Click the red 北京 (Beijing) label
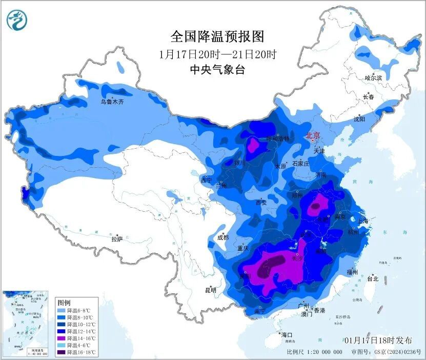[x=312, y=135]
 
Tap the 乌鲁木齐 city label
[x=112, y=102]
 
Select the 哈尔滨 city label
[x=373, y=78]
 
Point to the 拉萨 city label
[x=117, y=238]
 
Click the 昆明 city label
[x=211, y=290]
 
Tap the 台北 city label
[x=372, y=279]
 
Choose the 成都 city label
[x=222, y=237]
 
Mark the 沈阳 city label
[x=359, y=119]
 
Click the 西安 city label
[x=261, y=202]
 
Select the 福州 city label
[x=352, y=272]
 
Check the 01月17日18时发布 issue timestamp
[x=378, y=340]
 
